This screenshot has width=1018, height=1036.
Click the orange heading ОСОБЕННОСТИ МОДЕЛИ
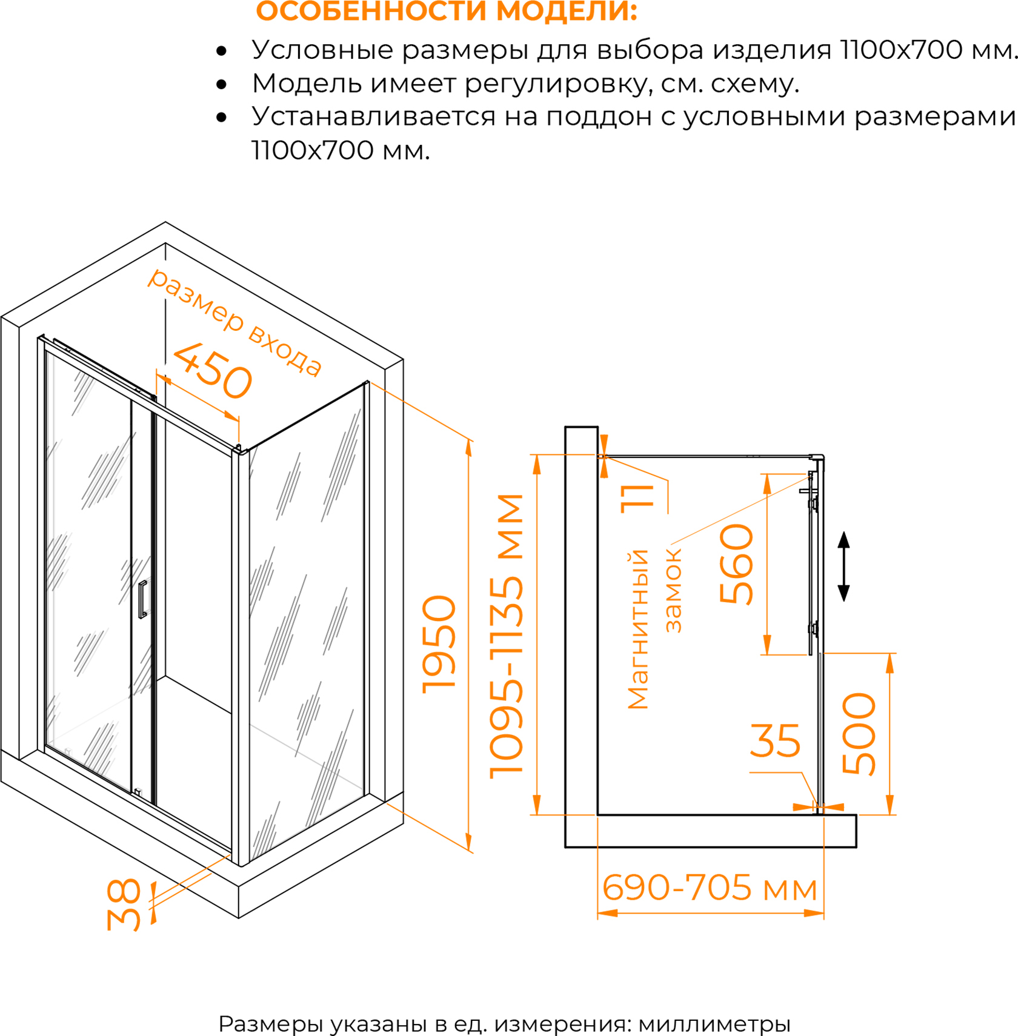(447, 12)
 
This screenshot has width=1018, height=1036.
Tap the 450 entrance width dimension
(213, 371)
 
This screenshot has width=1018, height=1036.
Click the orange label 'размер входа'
(235, 322)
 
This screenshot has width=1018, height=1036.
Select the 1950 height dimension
(439, 644)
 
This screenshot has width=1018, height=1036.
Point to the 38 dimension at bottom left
(124, 905)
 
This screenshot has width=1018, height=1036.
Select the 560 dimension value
(737, 564)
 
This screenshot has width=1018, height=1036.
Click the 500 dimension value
(859, 734)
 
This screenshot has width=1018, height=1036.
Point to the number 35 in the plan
(775, 740)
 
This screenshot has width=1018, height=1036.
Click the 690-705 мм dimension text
(710, 888)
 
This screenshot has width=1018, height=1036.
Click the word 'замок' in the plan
(673, 591)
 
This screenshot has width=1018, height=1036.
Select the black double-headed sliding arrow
(843, 566)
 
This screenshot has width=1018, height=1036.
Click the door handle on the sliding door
(142, 599)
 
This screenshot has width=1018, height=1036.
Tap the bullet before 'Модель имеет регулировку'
(222, 85)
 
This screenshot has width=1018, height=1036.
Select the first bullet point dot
(222, 51)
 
